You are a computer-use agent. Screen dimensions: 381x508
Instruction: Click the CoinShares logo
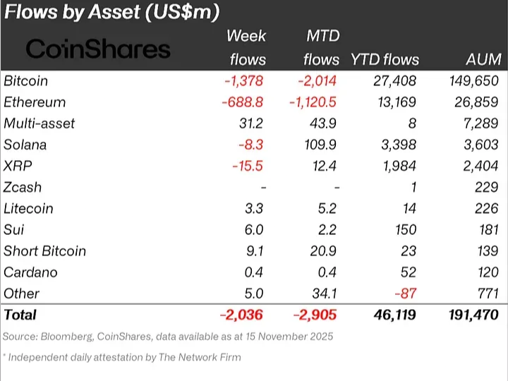coord(98,49)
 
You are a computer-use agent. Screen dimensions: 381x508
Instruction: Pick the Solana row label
coord(25,145)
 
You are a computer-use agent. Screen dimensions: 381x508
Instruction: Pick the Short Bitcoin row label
coord(44,250)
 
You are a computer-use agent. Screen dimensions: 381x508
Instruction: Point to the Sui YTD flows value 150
coord(406,229)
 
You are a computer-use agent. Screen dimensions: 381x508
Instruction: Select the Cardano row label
coord(30,272)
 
